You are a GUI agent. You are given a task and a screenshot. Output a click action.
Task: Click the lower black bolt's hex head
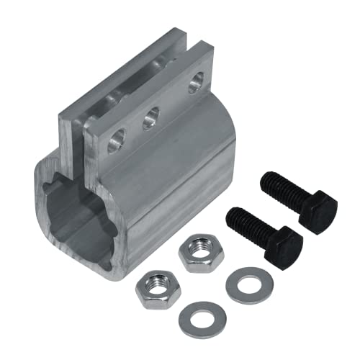pos(283,248)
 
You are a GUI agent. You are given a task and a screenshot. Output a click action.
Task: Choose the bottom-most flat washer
pos(200,319)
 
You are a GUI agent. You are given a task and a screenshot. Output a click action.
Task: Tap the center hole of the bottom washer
pos(200,318)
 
